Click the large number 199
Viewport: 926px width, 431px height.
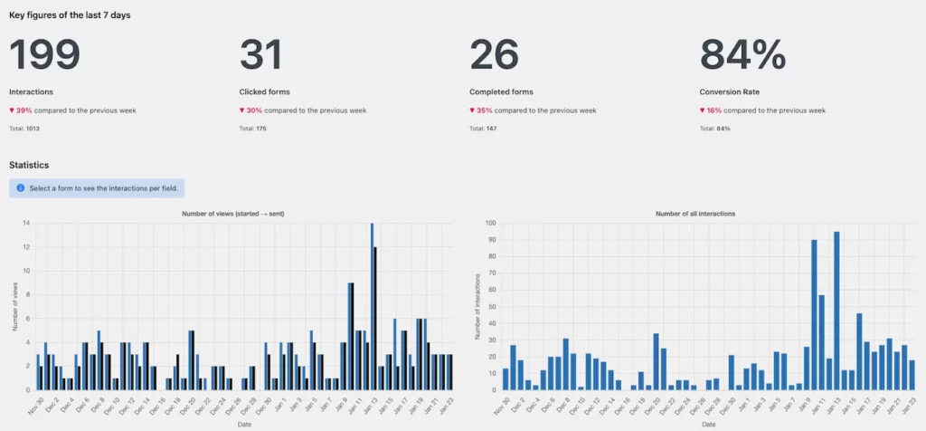click(44, 55)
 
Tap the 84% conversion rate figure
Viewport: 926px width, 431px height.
click(743, 55)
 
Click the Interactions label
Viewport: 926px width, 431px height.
click(31, 91)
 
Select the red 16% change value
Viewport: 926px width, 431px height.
click(714, 110)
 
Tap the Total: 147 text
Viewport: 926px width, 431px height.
click(484, 129)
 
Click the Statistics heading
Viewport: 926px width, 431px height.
click(29, 165)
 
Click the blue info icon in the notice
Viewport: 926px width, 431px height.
click(20, 188)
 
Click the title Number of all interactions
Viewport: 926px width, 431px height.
click(695, 213)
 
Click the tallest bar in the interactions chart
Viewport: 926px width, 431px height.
click(836, 311)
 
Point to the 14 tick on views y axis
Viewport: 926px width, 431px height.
click(27, 223)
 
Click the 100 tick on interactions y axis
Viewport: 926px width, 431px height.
click(489, 223)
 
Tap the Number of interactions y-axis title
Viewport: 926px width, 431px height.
click(477, 306)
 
